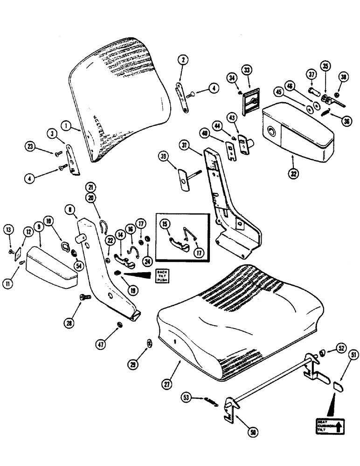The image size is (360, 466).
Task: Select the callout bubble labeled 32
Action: click(x=292, y=172)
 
